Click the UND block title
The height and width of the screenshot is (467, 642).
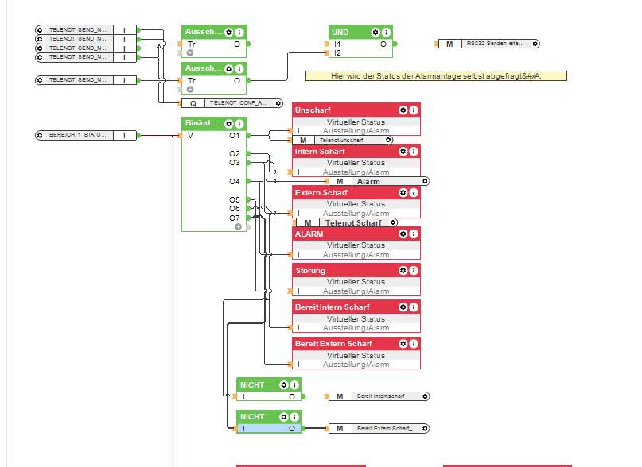[x=343, y=32]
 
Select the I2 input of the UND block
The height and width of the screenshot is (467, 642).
[x=337, y=53]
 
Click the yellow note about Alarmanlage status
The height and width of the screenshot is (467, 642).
[x=435, y=75]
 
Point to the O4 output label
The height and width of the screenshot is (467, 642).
[x=235, y=181]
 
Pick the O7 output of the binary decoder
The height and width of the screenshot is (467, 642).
[x=235, y=217]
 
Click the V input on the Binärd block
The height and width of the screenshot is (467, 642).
[x=190, y=135]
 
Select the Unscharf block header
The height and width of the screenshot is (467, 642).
[x=313, y=110]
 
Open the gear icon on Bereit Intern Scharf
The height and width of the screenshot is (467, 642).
[x=403, y=307]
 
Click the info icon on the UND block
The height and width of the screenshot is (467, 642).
[x=386, y=32]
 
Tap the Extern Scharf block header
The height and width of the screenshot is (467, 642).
[x=321, y=193]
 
